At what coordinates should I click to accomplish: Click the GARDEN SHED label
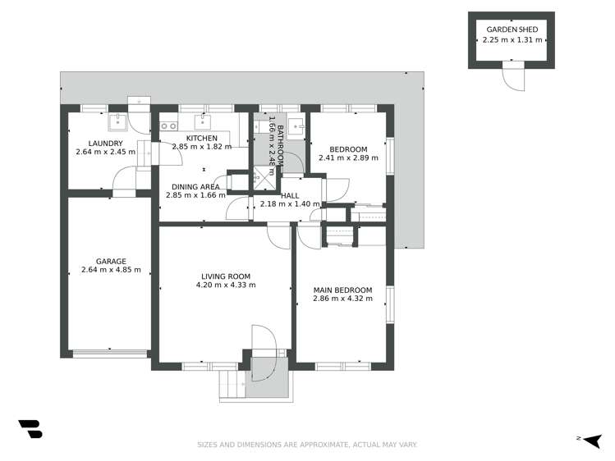pyautogui.click(x=511, y=29)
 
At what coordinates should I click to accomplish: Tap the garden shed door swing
pyautogui.click(x=512, y=76)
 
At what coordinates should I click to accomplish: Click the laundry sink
pyautogui.click(x=117, y=123)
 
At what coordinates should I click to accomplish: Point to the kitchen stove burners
pyautogui.click(x=169, y=126)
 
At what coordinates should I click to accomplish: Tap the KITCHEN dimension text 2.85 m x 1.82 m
pyautogui.click(x=201, y=148)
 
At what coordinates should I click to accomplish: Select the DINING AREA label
pyautogui.click(x=195, y=186)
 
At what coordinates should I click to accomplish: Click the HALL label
pyautogui.click(x=289, y=195)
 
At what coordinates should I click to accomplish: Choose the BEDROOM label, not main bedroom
pyautogui.click(x=349, y=149)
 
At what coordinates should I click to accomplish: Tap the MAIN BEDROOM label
pyautogui.click(x=342, y=290)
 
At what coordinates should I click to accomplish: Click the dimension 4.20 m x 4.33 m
pyautogui.click(x=226, y=285)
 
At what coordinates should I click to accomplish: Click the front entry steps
pyautogui.click(x=232, y=385)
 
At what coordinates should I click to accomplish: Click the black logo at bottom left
pyautogui.click(x=30, y=429)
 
